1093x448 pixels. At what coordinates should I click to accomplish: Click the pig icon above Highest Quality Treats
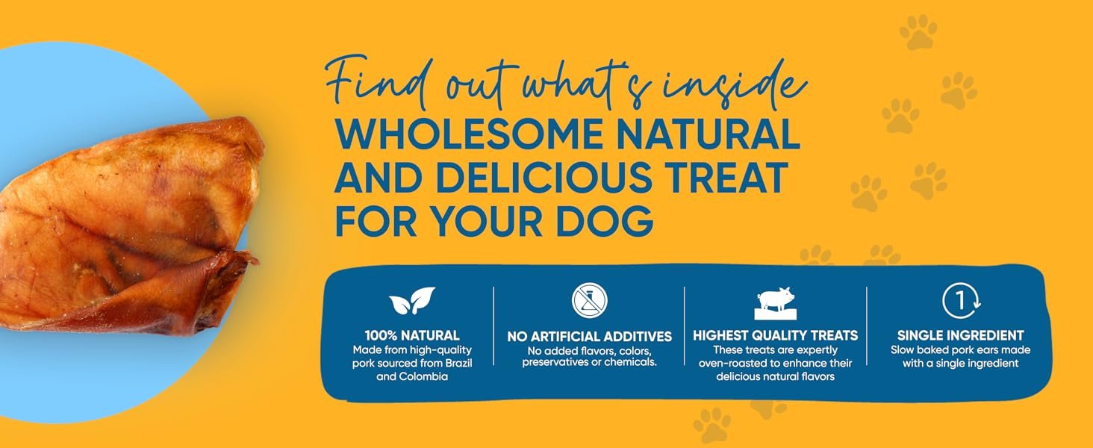pos(776,303)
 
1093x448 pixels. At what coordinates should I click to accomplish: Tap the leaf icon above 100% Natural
pos(412,300)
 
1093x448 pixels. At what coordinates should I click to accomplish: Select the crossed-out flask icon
pos(590,300)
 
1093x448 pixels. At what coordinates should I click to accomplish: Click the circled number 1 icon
pos(961,301)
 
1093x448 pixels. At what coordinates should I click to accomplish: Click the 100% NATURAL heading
pos(412,335)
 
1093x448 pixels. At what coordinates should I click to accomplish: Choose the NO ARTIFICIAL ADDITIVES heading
pos(590,336)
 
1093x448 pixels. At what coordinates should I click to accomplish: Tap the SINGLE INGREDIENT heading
pos(960,335)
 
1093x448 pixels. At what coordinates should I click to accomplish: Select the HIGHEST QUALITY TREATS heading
pos(776,335)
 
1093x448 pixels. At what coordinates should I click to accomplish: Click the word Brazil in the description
pos(458,363)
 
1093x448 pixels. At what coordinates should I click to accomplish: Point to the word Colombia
pos(423,377)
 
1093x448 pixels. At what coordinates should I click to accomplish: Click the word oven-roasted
pos(733,363)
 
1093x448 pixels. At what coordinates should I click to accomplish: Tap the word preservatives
pos(554,363)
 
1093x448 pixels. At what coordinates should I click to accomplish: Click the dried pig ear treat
pos(127,225)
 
